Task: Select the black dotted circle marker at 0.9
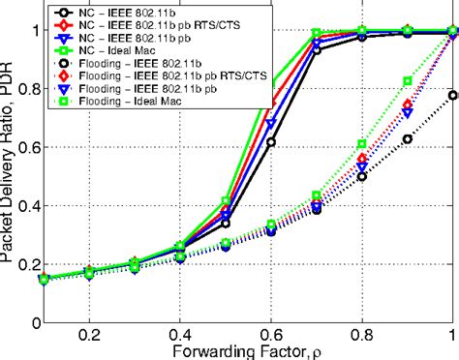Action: [x=407, y=138]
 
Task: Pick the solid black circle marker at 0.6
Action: [x=270, y=141]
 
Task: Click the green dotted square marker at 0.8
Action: [x=361, y=143]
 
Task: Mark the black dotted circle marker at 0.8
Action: [x=361, y=176]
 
